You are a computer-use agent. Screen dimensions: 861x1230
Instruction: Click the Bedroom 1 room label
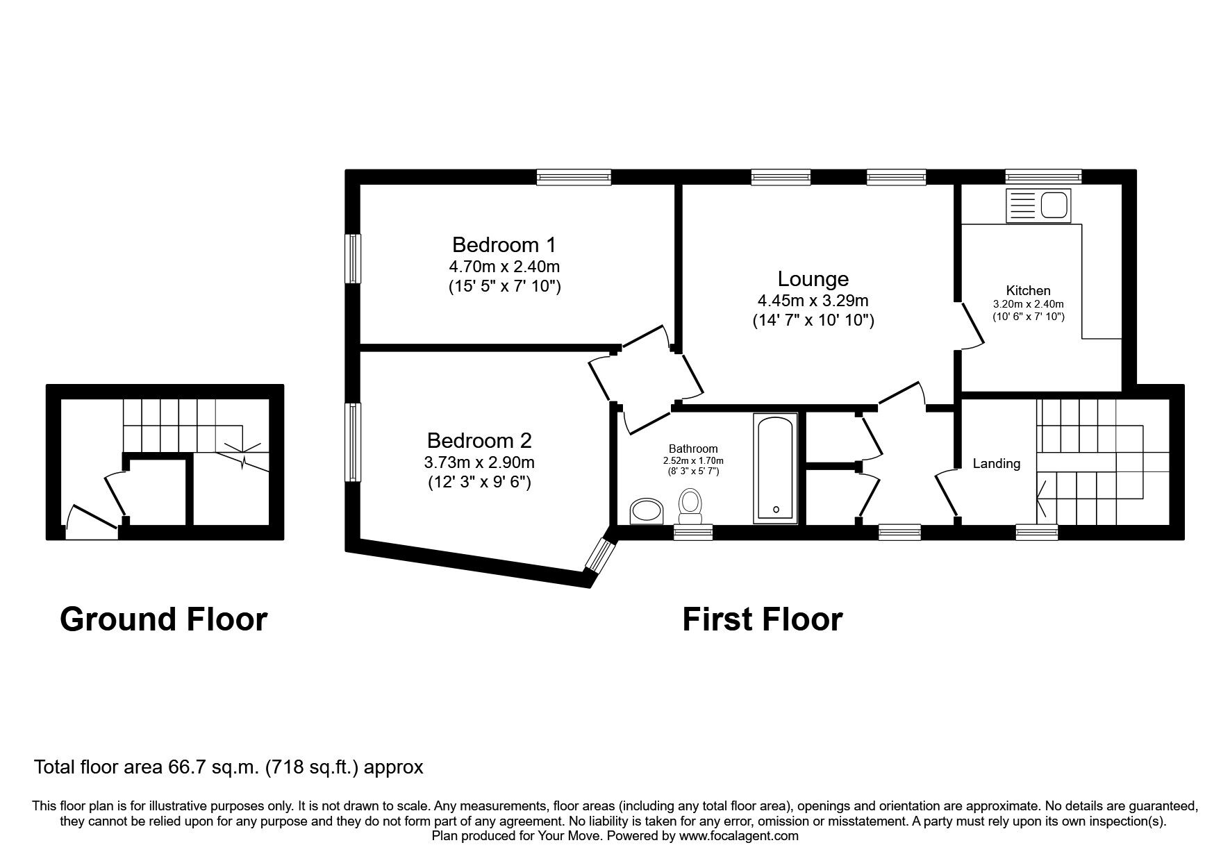pyautogui.click(x=504, y=244)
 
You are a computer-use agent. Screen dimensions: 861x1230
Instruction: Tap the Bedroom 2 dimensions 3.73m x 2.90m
pyautogui.click(x=479, y=462)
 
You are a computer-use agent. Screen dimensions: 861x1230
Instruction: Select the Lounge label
pyautogui.click(x=813, y=279)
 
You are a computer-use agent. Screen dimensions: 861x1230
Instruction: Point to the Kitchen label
pyautogui.click(x=1028, y=291)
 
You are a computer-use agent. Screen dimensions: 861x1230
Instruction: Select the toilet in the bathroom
pyautogui.click(x=690, y=507)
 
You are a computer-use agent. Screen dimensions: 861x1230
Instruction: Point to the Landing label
pyautogui.click(x=996, y=464)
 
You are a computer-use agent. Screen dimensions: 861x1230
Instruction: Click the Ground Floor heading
pyautogui.click(x=163, y=619)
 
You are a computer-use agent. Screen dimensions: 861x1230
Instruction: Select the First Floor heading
pyautogui.click(x=762, y=619)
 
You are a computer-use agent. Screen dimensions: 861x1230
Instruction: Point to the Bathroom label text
pyautogui.click(x=693, y=449)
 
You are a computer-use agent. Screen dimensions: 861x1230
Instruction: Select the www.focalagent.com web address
pyautogui.click(x=738, y=836)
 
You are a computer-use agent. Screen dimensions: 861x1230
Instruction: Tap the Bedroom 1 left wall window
pyautogui.click(x=354, y=258)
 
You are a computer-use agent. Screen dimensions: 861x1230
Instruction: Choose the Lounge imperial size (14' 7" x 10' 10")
pyautogui.click(x=813, y=321)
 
